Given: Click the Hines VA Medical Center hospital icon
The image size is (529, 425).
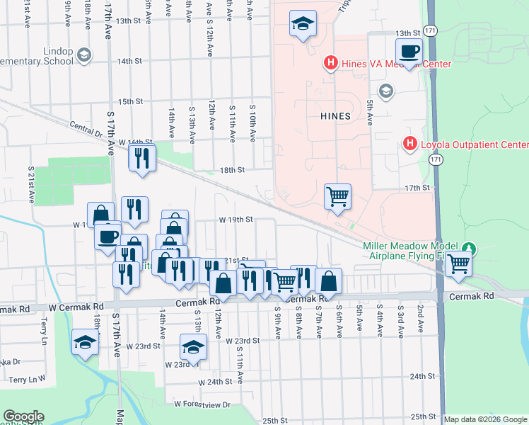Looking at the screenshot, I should pos(330,64).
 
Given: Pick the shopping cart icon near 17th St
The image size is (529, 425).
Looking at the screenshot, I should pos(338,196).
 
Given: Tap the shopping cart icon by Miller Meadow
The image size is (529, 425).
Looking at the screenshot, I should pos(459,263).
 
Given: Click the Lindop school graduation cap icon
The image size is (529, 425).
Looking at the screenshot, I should pos(84,55).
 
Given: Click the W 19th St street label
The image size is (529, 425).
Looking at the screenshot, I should pos(236,220).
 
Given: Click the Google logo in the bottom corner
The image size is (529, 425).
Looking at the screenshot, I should pos(23,416).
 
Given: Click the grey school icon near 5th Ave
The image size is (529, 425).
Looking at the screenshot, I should pos(386,91).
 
